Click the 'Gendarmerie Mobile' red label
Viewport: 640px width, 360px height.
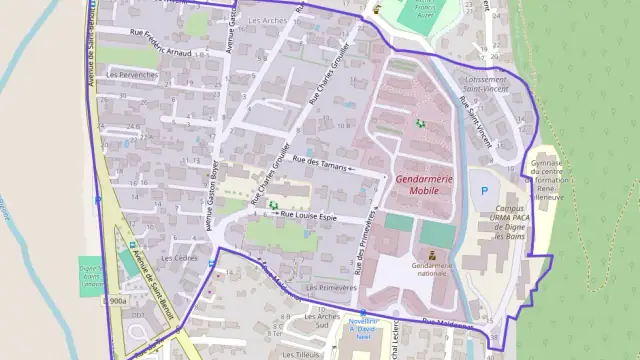[x=425, y=184]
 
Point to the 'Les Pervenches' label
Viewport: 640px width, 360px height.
[x=132, y=74]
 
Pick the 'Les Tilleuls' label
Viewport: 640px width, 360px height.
[x=300, y=353]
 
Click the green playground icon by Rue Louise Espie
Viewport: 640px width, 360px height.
[x=274, y=204]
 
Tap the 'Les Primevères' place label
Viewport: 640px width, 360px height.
[x=331, y=287]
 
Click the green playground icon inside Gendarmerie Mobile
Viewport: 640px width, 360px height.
[x=420, y=123]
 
